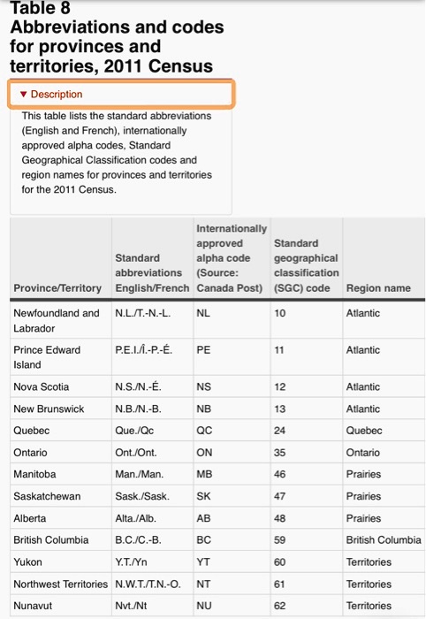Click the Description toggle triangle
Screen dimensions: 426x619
[x=24, y=95]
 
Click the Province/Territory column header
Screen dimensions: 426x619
[x=57, y=288]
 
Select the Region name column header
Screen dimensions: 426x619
[x=378, y=288]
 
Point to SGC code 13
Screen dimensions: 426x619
[x=281, y=409]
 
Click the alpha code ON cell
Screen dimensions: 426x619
[x=203, y=453]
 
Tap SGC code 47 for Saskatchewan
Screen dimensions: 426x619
[x=281, y=496]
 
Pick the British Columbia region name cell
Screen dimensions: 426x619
[x=384, y=540]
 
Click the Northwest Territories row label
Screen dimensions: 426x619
[x=61, y=585]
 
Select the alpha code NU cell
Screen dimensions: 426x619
[x=203, y=606]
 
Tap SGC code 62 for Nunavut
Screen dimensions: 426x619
[x=281, y=606]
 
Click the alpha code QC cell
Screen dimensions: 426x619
[x=203, y=431]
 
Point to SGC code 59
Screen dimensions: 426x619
[x=281, y=540]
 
